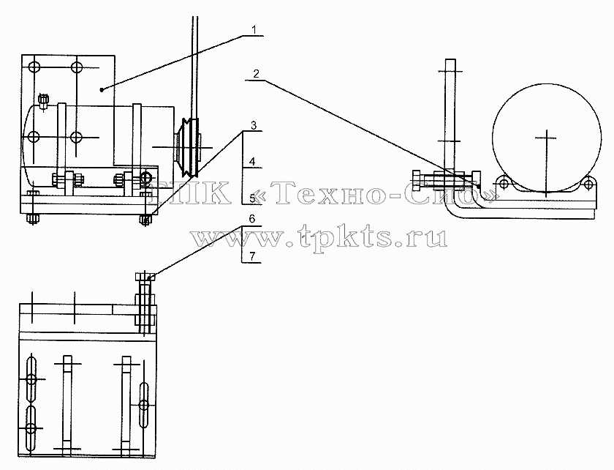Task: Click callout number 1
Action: point(254,29)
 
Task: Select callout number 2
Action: point(256,74)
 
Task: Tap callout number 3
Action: point(254,125)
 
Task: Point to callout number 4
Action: point(253,161)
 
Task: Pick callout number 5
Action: point(253,198)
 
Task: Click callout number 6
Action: point(252,219)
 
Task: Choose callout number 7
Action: point(253,256)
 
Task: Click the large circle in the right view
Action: point(547,138)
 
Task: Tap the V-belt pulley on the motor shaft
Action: point(189,147)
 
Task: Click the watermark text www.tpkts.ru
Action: point(319,236)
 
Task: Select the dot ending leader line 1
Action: point(102,90)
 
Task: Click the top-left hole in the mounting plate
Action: point(34,67)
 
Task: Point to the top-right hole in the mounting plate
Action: point(77,67)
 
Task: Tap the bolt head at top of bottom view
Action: point(145,277)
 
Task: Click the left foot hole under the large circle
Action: point(504,183)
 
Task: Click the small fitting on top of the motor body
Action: point(43,100)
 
